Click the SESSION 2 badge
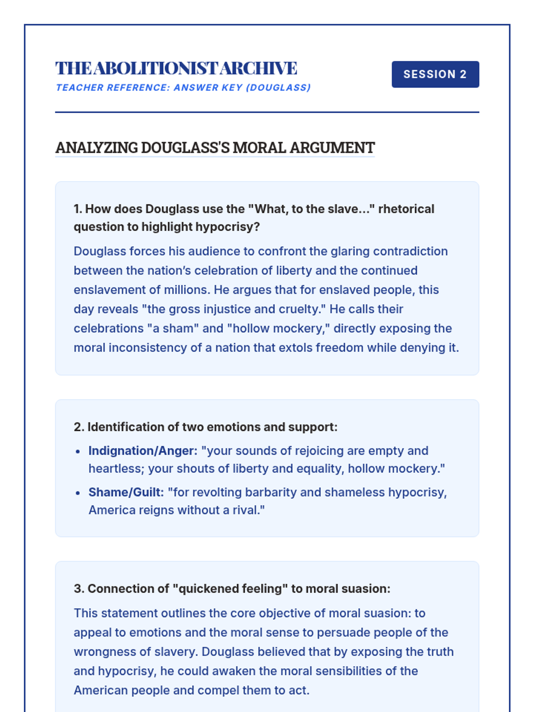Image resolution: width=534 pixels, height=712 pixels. click(x=435, y=74)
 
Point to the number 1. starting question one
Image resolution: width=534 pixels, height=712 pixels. click(x=78, y=209)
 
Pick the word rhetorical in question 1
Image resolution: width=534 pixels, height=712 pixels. click(x=406, y=209)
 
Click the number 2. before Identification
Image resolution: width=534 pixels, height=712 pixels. click(x=79, y=427)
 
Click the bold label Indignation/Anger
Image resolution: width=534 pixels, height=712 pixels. click(x=142, y=451)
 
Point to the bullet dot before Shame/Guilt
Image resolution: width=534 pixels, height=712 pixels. click(x=78, y=493)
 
